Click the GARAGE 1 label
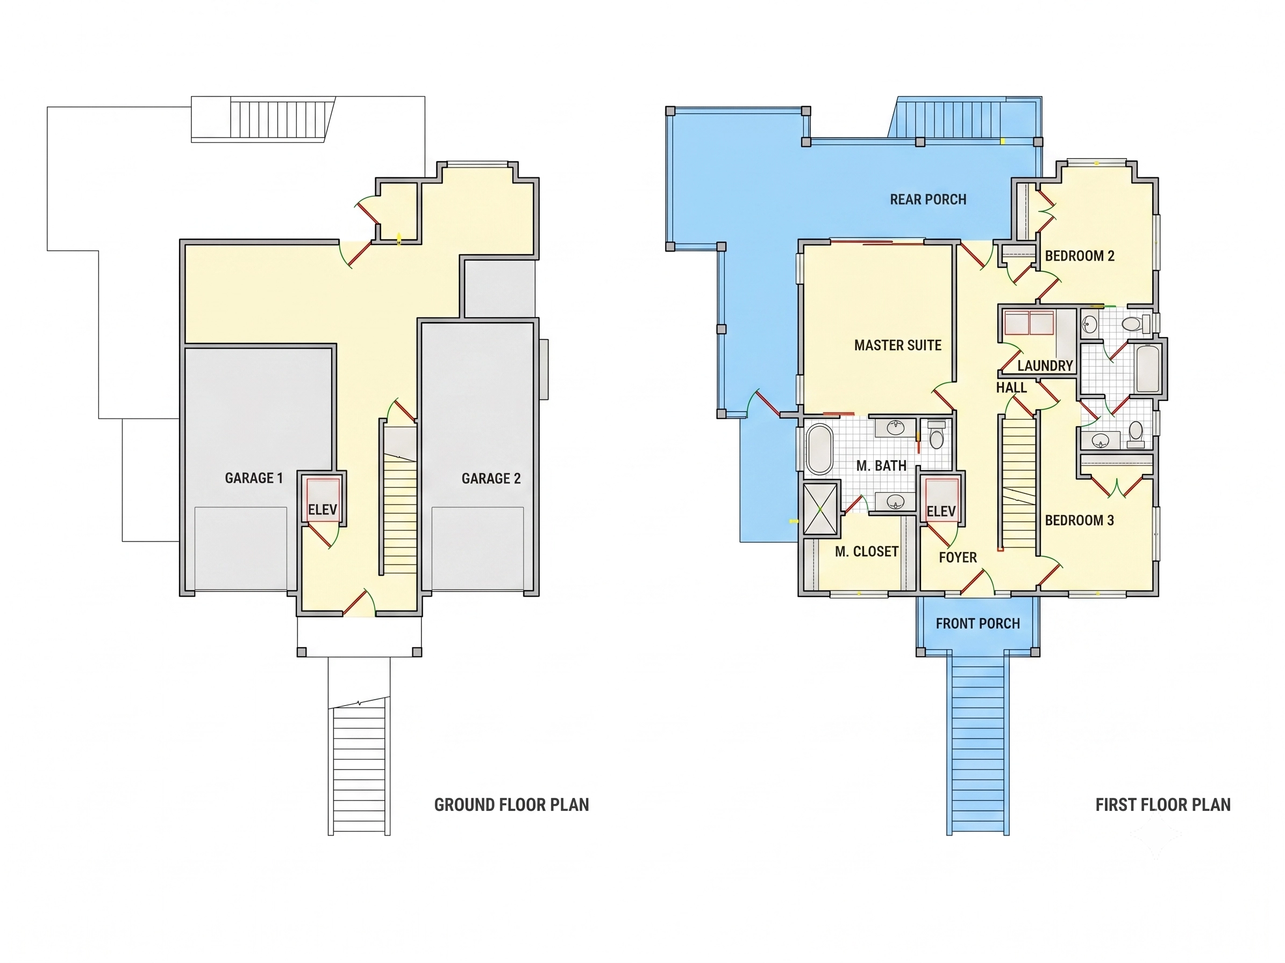[x=254, y=478]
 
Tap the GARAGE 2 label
[x=491, y=478]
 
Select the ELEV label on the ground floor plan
[x=323, y=510]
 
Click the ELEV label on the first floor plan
[x=941, y=512]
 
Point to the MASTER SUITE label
[x=897, y=346]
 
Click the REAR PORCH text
[x=929, y=200]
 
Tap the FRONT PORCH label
[x=977, y=623]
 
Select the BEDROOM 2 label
[x=1080, y=256]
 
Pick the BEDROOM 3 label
[x=1080, y=520]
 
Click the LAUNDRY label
[x=1045, y=366]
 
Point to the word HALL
[x=1011, y=388]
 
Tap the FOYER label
[x=958, y=557]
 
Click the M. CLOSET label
[x=867, y=551]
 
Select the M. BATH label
[x=881, y=465]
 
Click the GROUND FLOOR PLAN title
[x=512, y=804]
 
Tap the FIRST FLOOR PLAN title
[x=1163, y=804]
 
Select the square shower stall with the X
[x=820, y=508]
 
